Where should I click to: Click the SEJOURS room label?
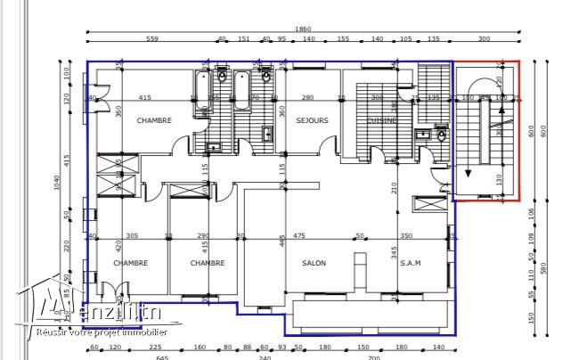pos(312,120)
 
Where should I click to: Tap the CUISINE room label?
pos(383,120)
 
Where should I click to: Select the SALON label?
pos(314,263)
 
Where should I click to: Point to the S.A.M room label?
pos(411,263)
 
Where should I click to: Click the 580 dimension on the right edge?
pos(543,267)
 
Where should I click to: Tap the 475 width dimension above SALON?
pos(299,236)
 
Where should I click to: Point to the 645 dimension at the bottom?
pos(161,357)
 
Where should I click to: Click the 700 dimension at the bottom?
pos(373,357)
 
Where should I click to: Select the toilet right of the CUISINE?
pos(442,136)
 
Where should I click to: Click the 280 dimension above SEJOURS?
pos(307,97)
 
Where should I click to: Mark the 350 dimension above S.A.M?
pos(406,236)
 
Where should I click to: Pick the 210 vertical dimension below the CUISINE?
pos(393,187)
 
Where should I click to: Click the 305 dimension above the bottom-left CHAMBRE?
pos(132,236)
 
